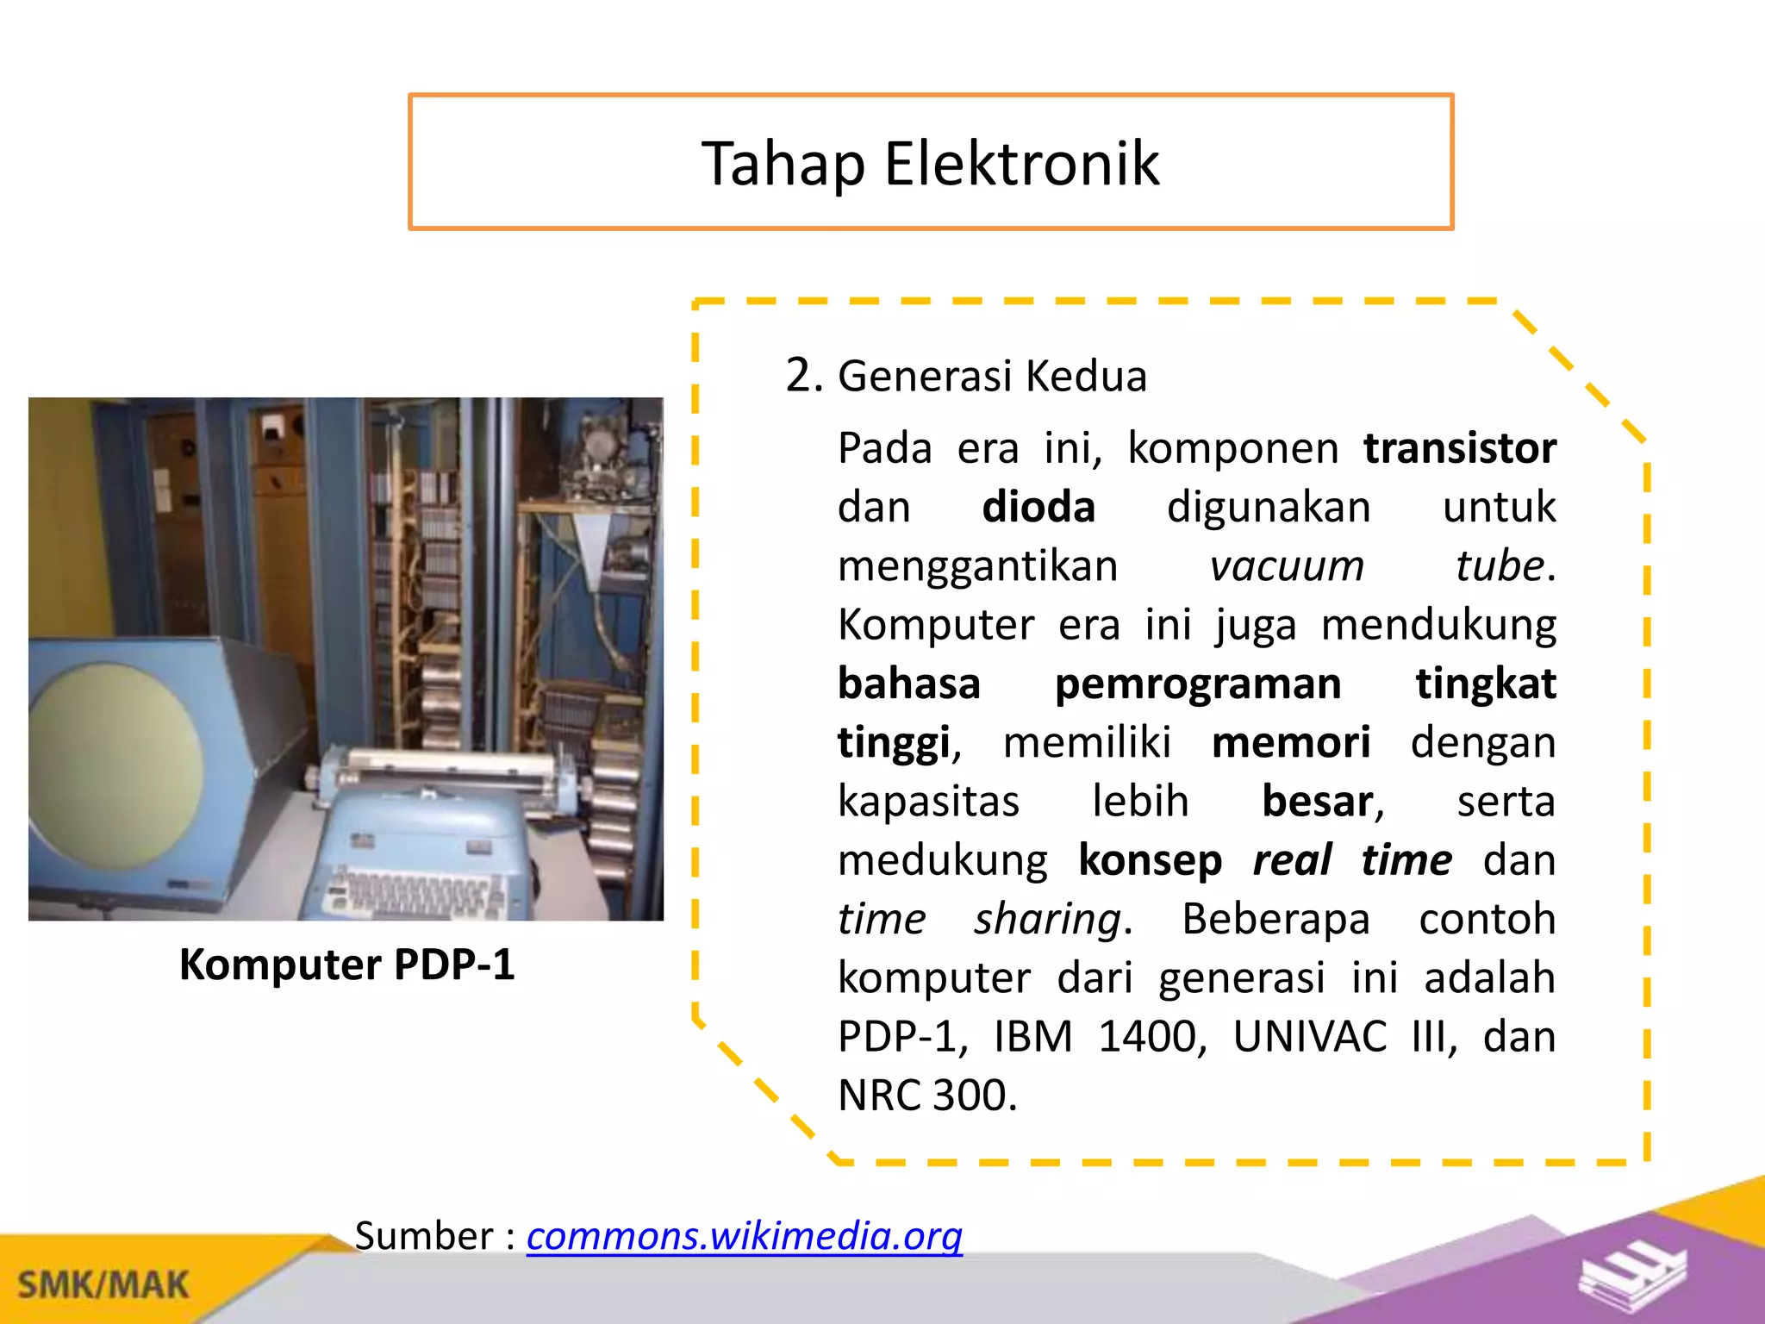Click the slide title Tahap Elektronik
(x=930, y=163)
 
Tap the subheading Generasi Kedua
(x=991, y=376)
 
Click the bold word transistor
(x=1459, y=448)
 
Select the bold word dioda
(x=1038, y=507)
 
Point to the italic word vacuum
(x=1286, y=566)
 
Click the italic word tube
(x=1500, y=566)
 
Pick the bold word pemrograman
(x=1197, y=684)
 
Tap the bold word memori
(x=1290, y=742)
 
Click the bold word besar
(x=1317, y=801)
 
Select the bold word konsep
(x=1150, y=860)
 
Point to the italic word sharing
(x=1047, y=919)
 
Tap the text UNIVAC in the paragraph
(x=1308, y=1036)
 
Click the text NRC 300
(x=926, y=1096)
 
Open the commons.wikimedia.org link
(x=744, y=1235)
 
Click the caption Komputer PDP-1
(x=346, y=964)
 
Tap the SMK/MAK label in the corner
(x=103, y=1284)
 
